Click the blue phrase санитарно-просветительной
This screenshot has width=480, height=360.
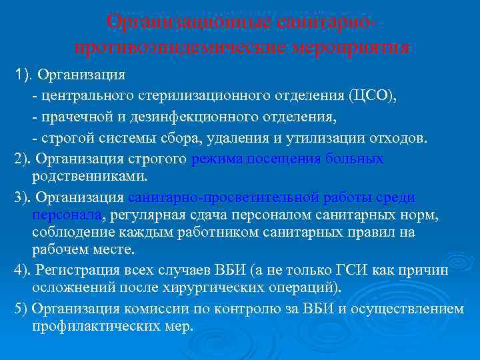tap(223, 198)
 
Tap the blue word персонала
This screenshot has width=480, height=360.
tap(67, 215)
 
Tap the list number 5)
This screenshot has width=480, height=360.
tap(21, 308)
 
